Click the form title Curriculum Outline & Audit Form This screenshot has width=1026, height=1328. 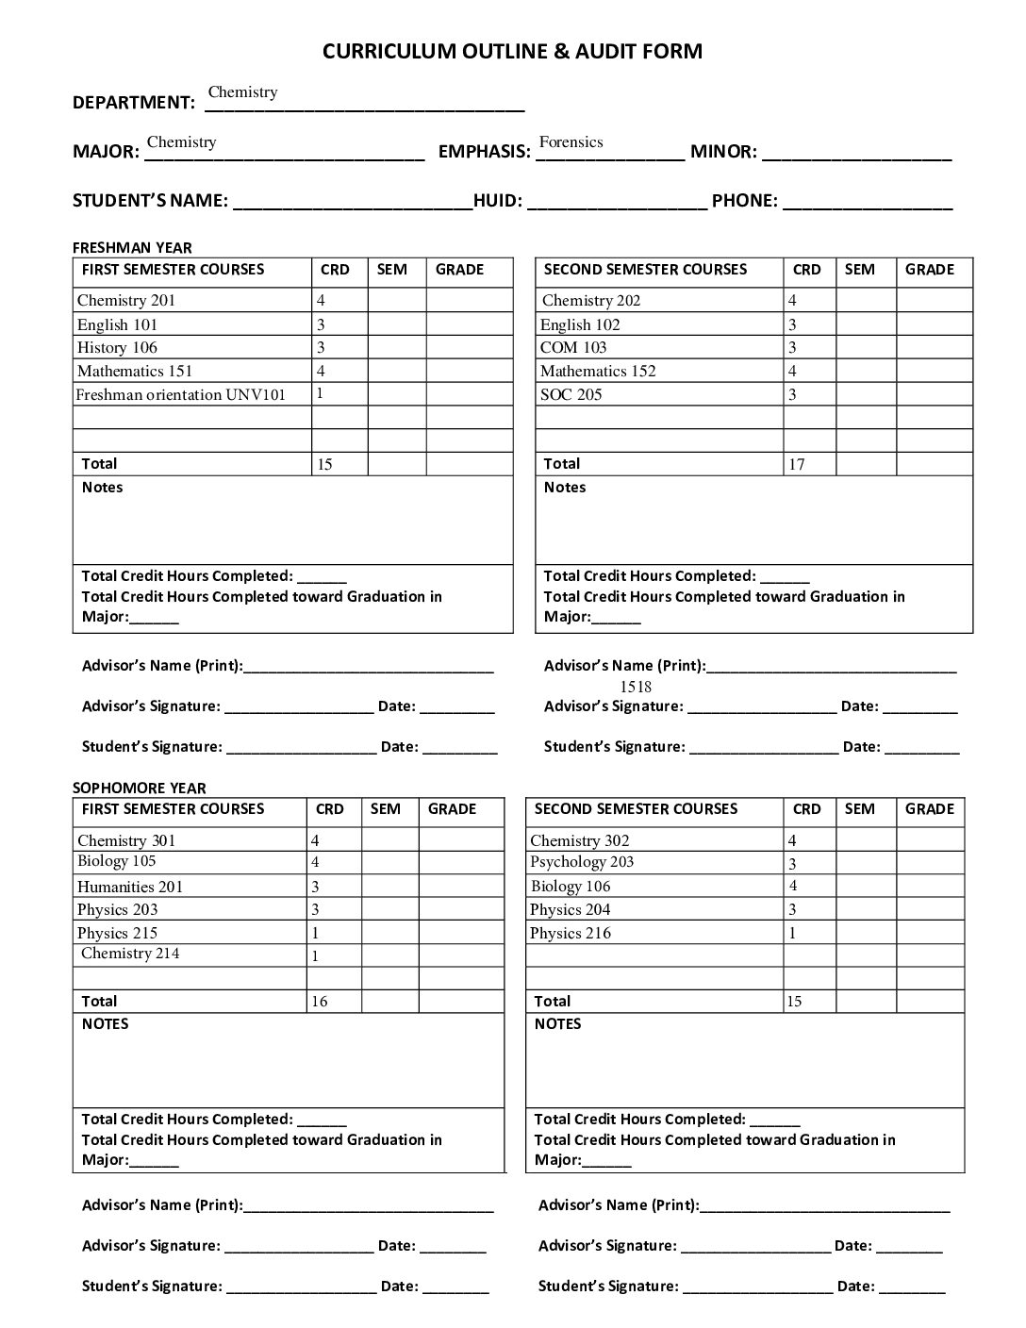[512, 51]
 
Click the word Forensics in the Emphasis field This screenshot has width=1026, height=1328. [571, 142]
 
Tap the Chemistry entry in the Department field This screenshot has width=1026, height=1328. [242, 92]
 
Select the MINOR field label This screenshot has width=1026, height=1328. [723, 151]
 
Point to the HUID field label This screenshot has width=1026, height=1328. [498, 200]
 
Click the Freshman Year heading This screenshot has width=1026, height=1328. [132, 248]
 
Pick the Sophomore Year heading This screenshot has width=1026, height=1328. [139, 788]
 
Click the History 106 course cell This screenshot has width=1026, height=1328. [117, 348]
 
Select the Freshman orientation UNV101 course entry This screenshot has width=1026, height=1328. [180, 395]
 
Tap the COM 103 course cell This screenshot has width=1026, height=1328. [573, 348]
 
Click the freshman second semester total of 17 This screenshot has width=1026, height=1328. [797, 464]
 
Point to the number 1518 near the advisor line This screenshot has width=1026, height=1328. [636, 687]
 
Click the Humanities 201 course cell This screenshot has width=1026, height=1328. [130, 887]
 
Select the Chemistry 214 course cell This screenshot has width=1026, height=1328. [130, 954]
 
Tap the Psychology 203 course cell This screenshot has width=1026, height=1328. [582, 862]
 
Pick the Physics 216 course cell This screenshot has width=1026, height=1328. [571, 934]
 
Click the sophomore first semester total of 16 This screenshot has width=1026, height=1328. [320, 1002]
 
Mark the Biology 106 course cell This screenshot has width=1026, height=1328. [571, 887]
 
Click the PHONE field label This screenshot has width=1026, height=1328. [745, 200]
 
